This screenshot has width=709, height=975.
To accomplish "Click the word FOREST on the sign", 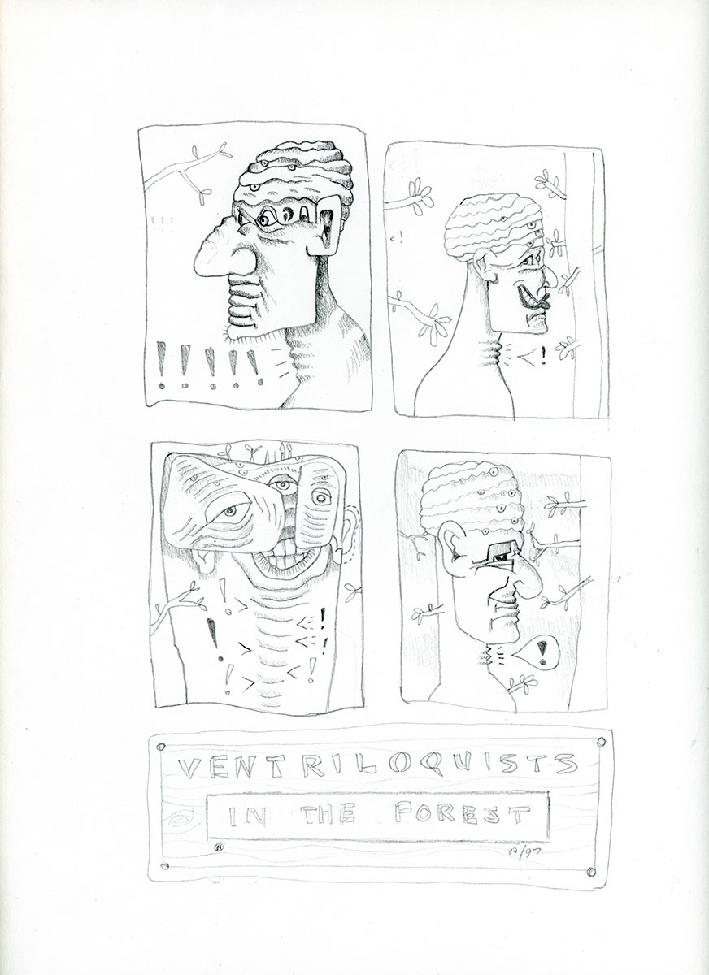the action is pos(462,815).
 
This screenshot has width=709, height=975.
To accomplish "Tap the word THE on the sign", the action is pos(329,815).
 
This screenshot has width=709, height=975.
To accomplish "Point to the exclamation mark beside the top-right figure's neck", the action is pos(542,356).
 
